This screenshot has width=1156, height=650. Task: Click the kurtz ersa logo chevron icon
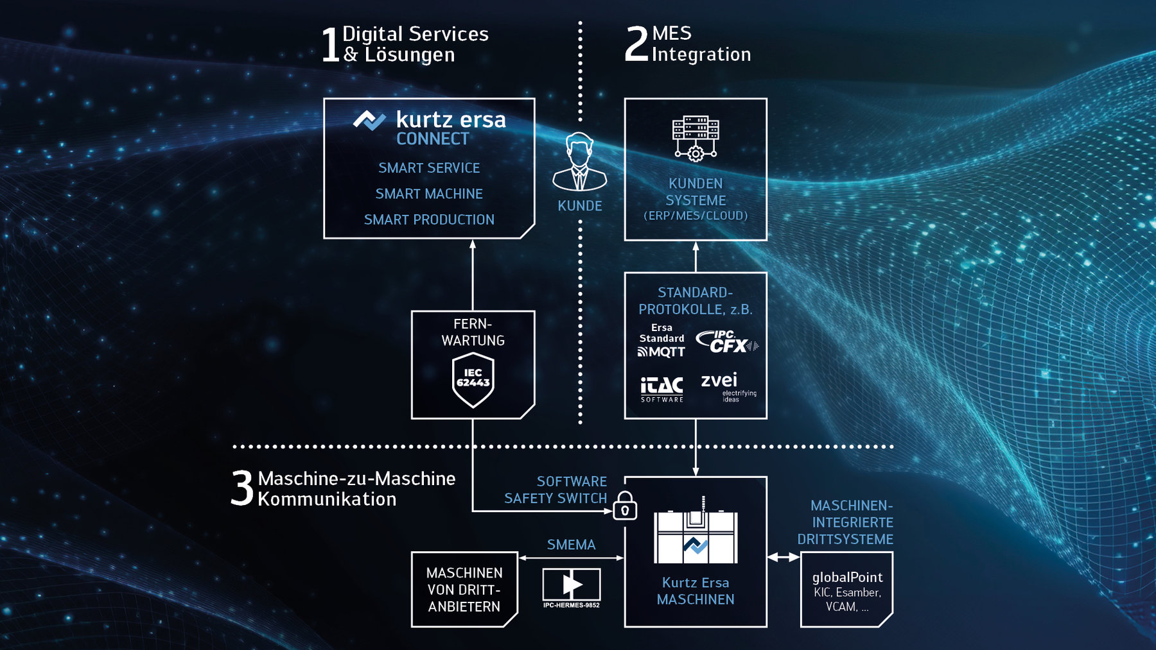click(369, 119)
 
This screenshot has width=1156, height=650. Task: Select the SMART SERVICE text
click(429, 168)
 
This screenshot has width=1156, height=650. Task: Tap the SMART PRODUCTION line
click(429, 219)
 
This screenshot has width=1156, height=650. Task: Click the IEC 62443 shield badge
click(473, 380)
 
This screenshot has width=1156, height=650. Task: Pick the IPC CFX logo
click(727, 342)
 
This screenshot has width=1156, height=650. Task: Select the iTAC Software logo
click(661, 389)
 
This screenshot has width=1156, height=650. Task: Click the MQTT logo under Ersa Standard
click(661, 352)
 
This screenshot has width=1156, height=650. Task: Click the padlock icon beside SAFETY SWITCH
click(625, 506)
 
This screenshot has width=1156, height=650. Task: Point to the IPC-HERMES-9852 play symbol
click(572, 585)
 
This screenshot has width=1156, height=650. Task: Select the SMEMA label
click(571, 545)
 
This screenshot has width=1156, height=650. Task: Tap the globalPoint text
click(847, 577)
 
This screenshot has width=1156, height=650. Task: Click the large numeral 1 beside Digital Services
click(330, 45)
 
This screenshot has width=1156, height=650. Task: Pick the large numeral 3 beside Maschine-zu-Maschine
click(243, 488)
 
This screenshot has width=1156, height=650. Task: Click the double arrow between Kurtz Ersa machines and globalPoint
click(784, 558)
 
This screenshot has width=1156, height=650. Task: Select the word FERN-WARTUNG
click(473, 332)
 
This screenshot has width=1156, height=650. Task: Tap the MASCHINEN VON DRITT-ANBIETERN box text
click(464, 590)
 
